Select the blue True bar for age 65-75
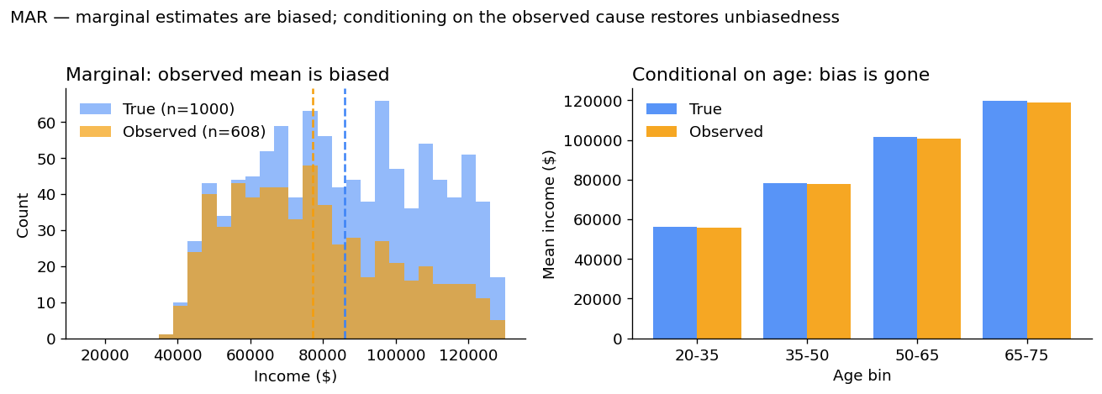1004,220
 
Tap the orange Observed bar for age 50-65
939,239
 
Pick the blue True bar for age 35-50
785,261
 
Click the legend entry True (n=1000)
178,109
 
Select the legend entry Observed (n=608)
193,132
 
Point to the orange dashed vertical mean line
313,210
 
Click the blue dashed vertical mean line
345,210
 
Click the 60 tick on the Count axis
46,123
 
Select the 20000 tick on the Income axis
104,355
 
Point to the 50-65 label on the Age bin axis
917,355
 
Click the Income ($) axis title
295,376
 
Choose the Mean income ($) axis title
550,213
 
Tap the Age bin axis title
862,376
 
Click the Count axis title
24,214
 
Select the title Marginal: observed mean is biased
227,75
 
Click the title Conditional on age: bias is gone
780,75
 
